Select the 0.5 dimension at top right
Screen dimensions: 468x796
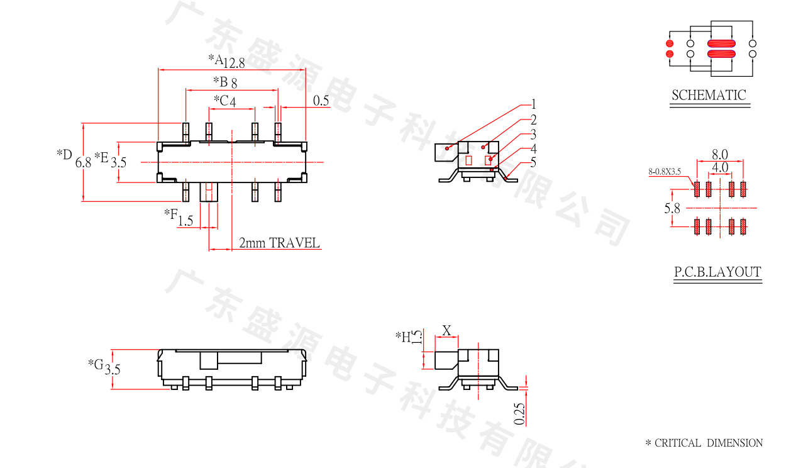point(321,101)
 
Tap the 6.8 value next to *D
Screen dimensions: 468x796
point(83,162)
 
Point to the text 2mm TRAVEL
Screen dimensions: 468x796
point(279,243)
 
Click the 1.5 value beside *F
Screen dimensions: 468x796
point(185,221)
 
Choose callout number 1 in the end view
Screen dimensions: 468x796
point(533,104)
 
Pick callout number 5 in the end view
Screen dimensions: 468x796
point(533,163)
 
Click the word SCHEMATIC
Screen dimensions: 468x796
point(709,96)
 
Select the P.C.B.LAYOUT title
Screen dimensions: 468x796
point(717,272)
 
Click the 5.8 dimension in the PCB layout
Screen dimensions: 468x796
point(672,208)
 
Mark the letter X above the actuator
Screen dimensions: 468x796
point(447,330)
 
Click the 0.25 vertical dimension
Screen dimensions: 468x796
point(519,413)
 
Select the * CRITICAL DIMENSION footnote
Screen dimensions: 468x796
point(704,443)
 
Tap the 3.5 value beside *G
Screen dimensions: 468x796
point(113,370)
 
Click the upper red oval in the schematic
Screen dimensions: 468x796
point(721,44)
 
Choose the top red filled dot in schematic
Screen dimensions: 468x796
point(669,44)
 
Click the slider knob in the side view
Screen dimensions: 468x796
point(208,360)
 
